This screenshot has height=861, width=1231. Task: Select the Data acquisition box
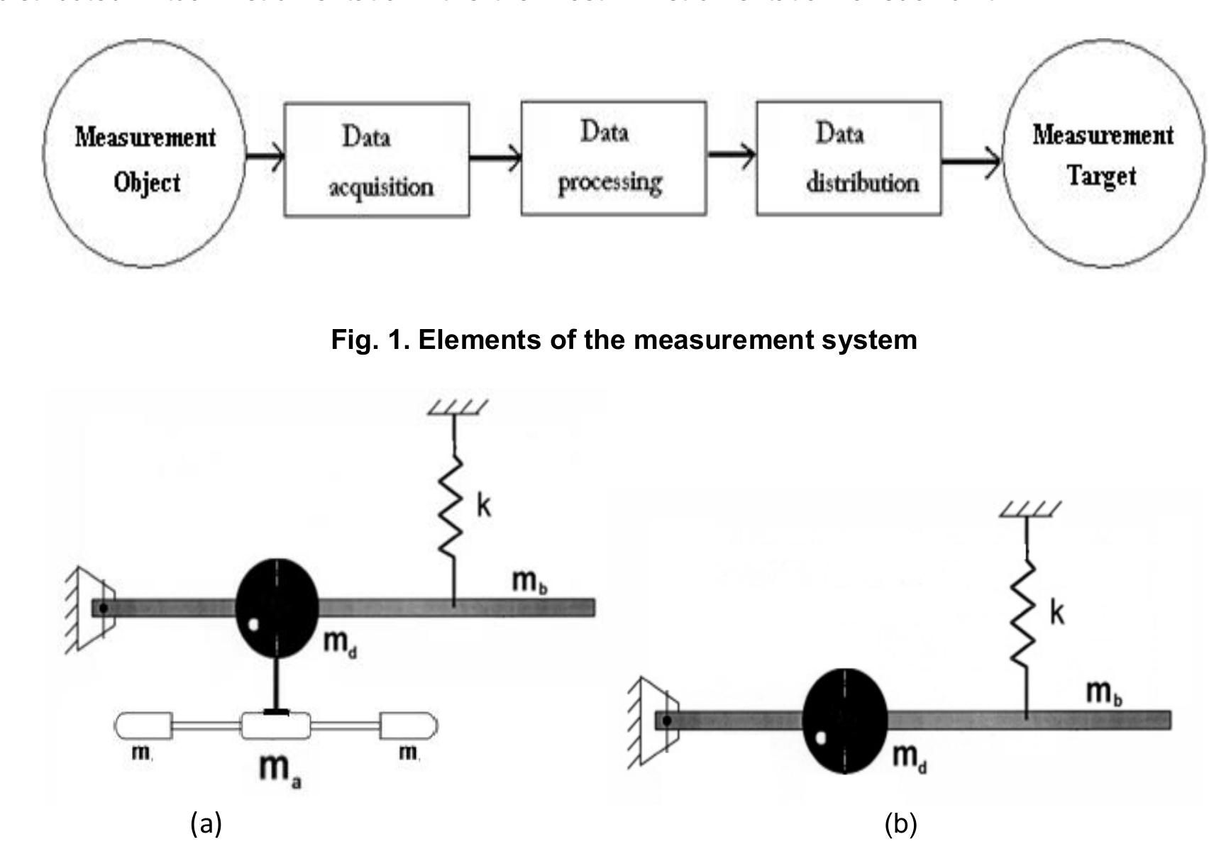pyautogui.click(x=376, y=160)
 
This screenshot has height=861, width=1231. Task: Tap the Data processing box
pyautogui.click(x=613, y=158)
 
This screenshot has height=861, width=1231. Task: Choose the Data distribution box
pyautogui.click(x=849, y=158)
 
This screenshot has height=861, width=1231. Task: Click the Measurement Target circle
pyautogui.click(x=1103, y=154)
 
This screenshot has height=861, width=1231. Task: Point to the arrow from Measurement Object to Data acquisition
pyautogui.click(x=265, y=155)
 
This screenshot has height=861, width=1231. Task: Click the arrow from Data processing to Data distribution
pyautogui.click(x=732, y=154)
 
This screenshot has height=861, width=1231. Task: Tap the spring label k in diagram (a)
pyautogui.click(x=483, y=506)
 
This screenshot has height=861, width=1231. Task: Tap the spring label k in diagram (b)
pyautogui.click(x=1056, y=613)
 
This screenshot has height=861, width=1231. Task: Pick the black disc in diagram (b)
pyautogui.click(x=844, y=720)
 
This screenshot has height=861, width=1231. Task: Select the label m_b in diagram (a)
pyautogui.click(x=529, y=582)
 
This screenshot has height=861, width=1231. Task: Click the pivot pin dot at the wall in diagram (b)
pyautogui.click(x=667, y=721)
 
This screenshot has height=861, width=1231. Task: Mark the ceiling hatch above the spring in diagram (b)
pyautogui.click(x=1030, y=509)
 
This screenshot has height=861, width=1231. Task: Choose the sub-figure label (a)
pyautogui.click(x=206, y=824)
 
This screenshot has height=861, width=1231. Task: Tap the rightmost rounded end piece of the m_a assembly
pyautogui.click(x=409, y=726)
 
